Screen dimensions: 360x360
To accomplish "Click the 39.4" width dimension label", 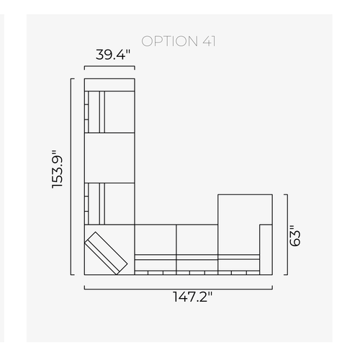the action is [x=113, y=55].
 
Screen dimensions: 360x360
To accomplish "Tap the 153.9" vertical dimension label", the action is [x=58, y=169].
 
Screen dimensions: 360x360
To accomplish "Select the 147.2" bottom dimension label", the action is [x=192, y=297].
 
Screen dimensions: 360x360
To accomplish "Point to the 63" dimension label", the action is [x=295, y=235].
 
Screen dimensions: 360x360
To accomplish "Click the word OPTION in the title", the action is [x=169, y=41].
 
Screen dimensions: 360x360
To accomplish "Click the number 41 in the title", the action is [x=209, y=41].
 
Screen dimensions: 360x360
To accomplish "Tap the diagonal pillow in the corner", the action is [x=106, y=253].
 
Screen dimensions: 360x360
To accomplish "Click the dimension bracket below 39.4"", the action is [x=109, y=66].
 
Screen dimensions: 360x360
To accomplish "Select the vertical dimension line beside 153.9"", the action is [x=71, y=176].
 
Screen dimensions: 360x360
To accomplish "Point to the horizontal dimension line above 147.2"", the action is [x=179, y=289].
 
